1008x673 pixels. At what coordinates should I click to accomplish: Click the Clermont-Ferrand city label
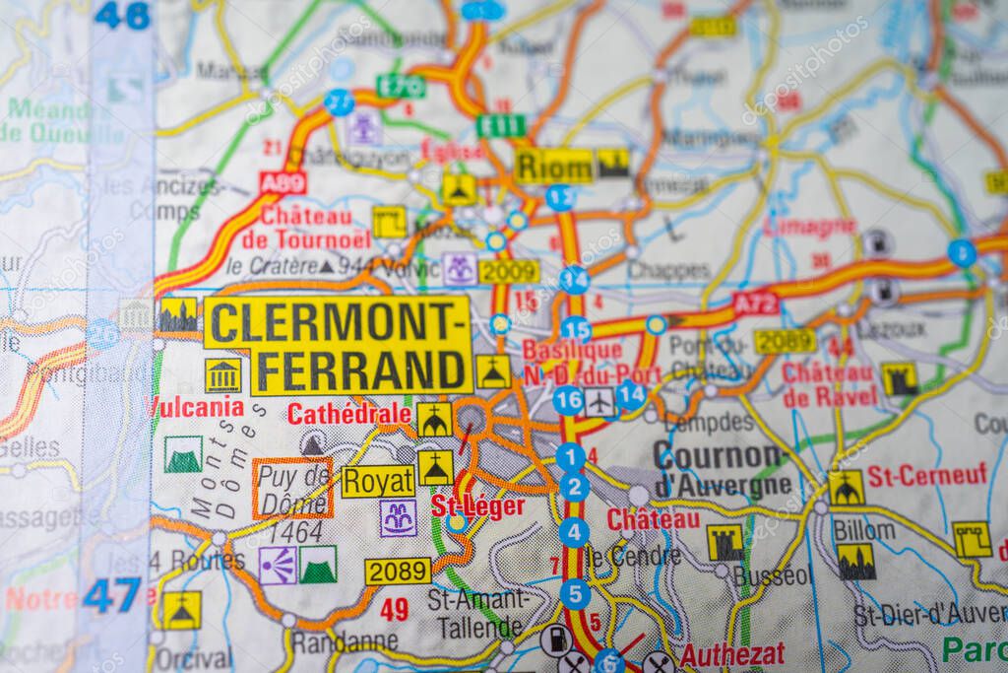point(338,346)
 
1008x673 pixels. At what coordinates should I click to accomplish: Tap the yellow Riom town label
point(554,166)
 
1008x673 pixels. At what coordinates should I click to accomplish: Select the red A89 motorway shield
point(283,182)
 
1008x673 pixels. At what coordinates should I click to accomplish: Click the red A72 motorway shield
point(756,303)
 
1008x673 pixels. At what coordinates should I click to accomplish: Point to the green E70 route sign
point(401,86)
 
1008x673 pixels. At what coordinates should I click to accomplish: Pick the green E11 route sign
point(501,125)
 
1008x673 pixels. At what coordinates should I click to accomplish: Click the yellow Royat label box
point(378,481)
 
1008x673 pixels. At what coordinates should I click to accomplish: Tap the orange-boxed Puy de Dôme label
point(292,488)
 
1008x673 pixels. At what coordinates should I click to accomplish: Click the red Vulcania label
point(197,406)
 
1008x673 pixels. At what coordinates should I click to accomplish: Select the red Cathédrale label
point(348,414)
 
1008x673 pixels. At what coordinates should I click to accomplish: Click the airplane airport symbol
point(599,401)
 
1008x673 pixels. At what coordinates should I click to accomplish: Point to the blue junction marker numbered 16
point(567,400)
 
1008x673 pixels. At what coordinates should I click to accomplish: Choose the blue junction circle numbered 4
point(574,532)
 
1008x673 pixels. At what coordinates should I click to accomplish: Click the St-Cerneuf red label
point(926,475)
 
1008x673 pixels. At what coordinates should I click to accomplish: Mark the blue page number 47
point(112,595)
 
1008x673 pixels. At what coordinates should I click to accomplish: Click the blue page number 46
point(122,14)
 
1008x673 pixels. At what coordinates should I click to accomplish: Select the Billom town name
point(864,529)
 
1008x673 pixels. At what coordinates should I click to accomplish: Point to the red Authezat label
point(732,654)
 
